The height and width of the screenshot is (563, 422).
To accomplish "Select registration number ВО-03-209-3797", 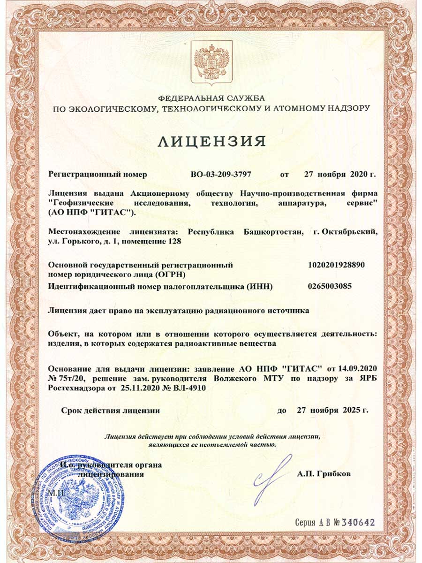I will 221,175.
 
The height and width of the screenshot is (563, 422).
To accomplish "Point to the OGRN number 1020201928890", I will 336,265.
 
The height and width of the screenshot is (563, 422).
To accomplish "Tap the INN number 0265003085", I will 330,286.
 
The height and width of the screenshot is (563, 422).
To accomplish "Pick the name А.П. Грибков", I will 324,474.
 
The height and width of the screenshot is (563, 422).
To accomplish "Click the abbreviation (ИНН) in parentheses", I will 260,286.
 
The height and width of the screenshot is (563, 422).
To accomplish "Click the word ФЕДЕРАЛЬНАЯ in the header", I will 187,98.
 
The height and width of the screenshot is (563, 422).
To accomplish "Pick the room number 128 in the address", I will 170,242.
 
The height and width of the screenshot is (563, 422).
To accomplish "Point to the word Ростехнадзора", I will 75,388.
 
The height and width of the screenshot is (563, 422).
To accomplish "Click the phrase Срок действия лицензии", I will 111,410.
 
